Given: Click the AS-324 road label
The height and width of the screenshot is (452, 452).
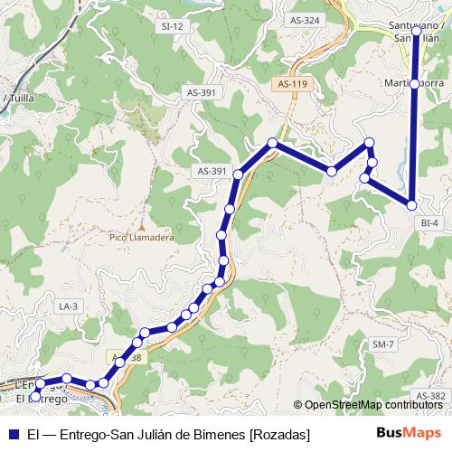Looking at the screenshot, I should click(306, 19).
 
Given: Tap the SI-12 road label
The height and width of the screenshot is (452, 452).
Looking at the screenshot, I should click(172, 26).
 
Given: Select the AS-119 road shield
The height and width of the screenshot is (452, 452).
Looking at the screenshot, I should click(293, 84).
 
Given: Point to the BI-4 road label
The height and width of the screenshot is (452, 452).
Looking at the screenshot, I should click(429, 222).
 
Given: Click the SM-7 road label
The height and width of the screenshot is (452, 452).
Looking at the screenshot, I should click(383, 344).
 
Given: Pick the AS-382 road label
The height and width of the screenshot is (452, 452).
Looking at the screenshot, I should click(431, 396).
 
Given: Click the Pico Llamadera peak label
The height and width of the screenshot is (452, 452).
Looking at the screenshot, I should click(141, 238).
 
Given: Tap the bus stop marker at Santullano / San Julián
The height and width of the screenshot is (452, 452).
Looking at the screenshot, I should click(416, 31).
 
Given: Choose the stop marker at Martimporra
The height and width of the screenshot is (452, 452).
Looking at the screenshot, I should click(414, 83).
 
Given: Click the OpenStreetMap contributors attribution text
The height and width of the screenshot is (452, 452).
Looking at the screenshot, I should click(373, 406).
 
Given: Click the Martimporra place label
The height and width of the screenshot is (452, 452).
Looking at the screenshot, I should click(411, 83).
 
